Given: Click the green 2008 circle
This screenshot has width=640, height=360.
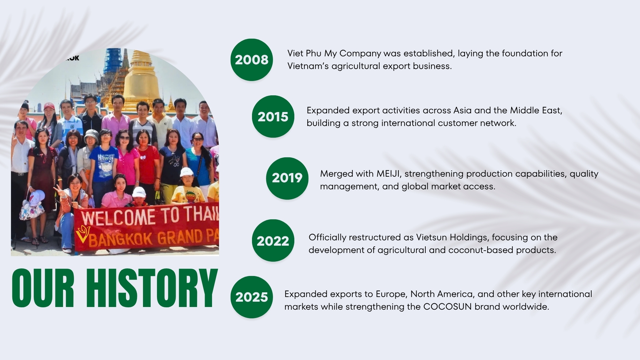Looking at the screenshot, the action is [x=252, y=60].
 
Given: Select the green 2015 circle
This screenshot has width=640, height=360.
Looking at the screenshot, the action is [x=273, y=117].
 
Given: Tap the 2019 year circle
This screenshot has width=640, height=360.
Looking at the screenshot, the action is [x=287, y=178].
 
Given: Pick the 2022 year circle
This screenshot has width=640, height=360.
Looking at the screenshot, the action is [x=273, y=241].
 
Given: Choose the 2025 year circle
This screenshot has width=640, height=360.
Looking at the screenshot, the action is [x=252, y=297].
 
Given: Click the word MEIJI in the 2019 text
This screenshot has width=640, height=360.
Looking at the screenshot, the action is [x=388, y=174].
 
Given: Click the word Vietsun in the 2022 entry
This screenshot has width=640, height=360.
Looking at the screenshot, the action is [x=432, y=237].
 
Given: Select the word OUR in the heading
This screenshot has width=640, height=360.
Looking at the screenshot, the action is [x=43, y=288].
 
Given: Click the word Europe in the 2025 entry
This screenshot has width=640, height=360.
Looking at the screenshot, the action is [x=391, y=294].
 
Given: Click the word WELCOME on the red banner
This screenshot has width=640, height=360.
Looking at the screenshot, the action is [x=118, y=217].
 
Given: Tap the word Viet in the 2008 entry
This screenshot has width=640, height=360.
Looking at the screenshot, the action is [x=295, y=53].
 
